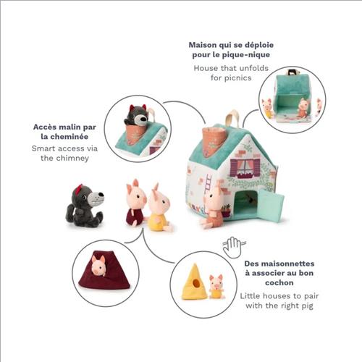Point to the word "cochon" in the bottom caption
(x=279, y=282)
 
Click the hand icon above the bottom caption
(x=234, y=247)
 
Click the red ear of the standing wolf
(x=80, y=189)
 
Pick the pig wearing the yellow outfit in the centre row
(x=159, y=209)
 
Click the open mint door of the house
(x=270, y=204)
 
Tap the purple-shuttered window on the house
(x=245, y=168)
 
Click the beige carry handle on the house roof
(x=233, y=119)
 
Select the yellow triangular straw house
(x=194, y=282)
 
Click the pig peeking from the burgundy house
(x=98, y=266)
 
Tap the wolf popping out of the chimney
(x=137, y=115)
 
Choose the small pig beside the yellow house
(x=216, y=287)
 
